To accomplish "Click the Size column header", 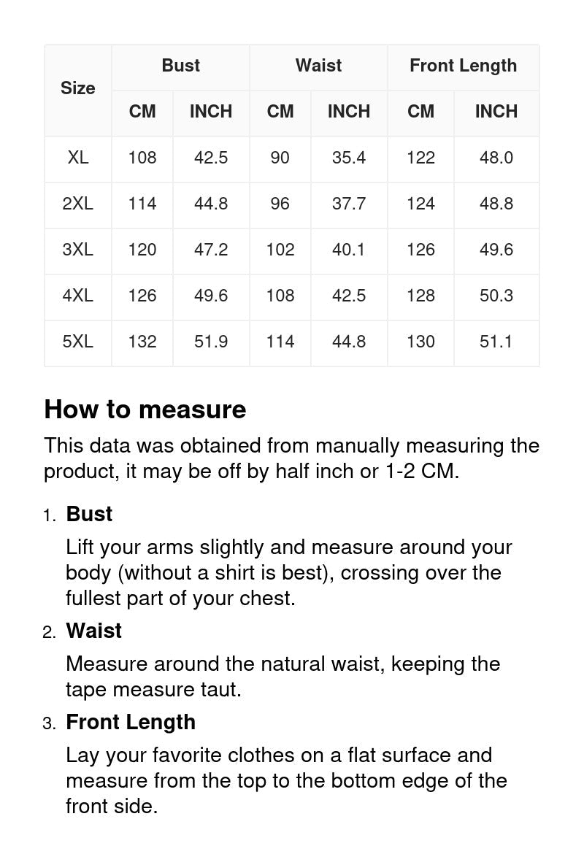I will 77,88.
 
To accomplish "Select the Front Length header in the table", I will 463,66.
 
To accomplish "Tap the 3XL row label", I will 77,250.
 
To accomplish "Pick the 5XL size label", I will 77,342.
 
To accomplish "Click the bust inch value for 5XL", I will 211,342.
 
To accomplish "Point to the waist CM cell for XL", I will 280,158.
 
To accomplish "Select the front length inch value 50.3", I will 496,296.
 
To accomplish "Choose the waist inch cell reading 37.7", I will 348,204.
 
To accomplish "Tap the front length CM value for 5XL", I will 420,342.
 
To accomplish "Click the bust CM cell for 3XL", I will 142,250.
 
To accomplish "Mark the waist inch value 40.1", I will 348,250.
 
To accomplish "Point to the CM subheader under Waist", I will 280,112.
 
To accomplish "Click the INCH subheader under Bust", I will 211,112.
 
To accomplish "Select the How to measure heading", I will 145,410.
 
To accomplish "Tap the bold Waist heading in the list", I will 93,631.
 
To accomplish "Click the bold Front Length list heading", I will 131,722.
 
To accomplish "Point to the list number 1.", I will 49,515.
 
